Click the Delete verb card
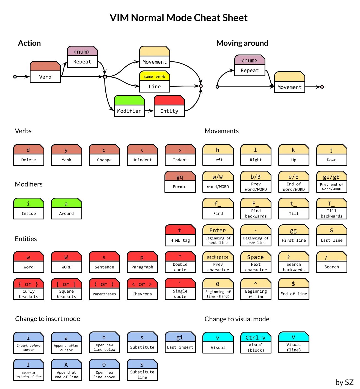29,155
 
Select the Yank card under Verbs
66,155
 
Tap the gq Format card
180,182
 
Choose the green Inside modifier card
29,209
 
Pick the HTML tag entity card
180,235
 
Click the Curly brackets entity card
29,289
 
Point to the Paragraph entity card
142,262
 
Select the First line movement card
293,235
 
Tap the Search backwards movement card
293,262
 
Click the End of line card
293,289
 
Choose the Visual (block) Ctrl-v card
256,343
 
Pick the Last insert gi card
180,342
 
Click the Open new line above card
104,370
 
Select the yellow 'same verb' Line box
155,81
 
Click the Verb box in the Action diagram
45,72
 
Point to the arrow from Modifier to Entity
149,111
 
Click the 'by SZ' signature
344,382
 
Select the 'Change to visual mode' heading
237,319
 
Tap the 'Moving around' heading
242,43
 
